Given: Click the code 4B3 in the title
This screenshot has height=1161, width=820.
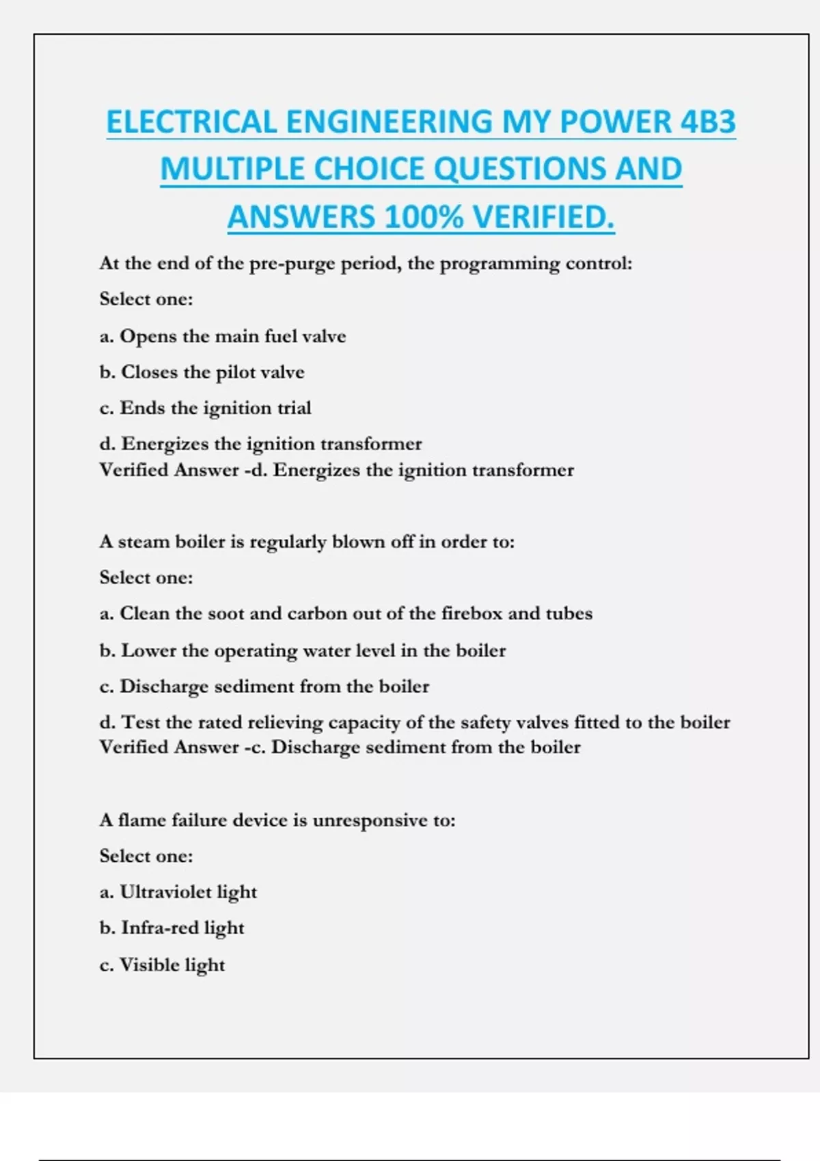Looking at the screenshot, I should coord(708,122).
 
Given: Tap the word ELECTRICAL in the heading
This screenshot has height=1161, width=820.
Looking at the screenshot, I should coord(192,122).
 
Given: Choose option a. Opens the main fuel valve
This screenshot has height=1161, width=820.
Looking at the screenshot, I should coord(223,336).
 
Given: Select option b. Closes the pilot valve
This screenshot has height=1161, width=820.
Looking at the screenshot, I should coord(202,372).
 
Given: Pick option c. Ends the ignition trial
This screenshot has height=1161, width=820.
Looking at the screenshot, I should coord(205,408).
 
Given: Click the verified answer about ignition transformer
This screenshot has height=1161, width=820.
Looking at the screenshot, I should coord(336,470).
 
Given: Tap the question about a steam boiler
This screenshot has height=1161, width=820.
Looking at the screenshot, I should coord(307,542).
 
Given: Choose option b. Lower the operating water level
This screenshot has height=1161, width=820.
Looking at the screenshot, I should coord(303,650).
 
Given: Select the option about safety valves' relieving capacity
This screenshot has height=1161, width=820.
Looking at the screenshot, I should coord(415,722).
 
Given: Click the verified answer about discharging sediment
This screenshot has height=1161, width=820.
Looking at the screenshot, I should coord(340,747).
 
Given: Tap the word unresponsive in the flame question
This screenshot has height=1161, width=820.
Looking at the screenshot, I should coord(370,820).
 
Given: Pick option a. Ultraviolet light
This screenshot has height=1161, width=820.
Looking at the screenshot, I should coord(178,892).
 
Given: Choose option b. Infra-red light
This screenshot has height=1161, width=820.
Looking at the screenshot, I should coord(172,928).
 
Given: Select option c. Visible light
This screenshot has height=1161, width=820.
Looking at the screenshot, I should coord(163,964).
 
